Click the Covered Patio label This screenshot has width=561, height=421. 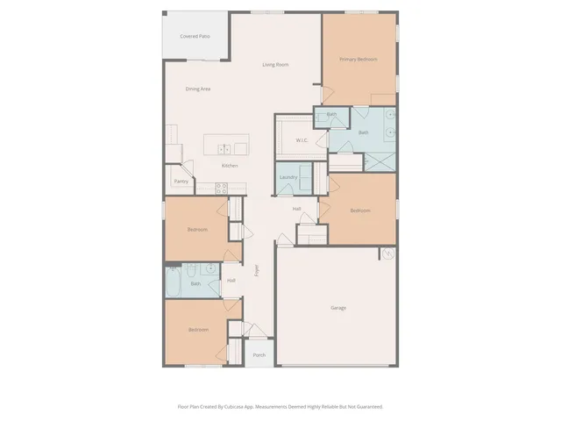point(195,36)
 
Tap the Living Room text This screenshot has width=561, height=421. point(276,65)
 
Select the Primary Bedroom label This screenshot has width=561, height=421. point(359,59)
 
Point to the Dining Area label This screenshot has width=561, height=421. point(198,89)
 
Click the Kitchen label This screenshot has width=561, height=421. point(230,166)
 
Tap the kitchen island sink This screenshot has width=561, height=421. point(226,147)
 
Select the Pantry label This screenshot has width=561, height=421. point(181,182)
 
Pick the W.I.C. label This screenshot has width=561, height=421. point(301,139)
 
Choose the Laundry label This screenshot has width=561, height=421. point(288,177)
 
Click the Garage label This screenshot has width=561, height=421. point(338,308)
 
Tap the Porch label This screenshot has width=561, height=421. point(259,355)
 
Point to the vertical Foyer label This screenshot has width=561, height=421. point(257,270)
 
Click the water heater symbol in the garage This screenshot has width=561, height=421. point(387,253)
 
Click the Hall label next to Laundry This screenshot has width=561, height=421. point(297,209)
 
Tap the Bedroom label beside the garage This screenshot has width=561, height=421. point(359,210)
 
